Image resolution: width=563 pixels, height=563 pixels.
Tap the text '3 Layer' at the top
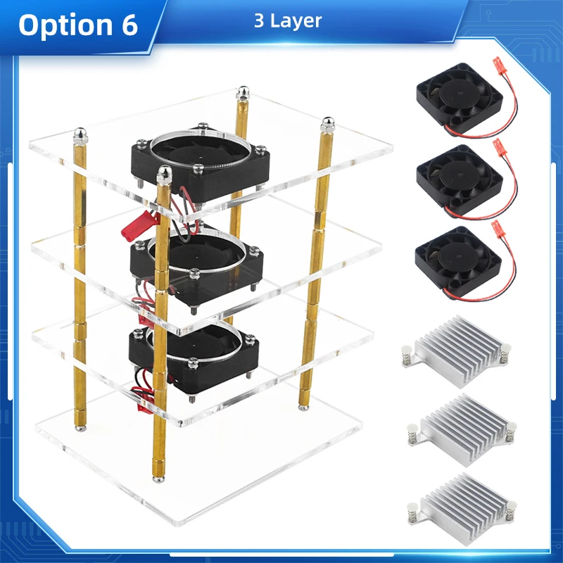click(x=288, y=21)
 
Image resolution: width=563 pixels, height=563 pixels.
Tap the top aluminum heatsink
click(x=455, y=348)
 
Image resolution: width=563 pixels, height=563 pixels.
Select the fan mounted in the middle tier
click(x=197, y=264)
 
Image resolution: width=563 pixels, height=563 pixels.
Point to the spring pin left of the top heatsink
click(x=406, y=353)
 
